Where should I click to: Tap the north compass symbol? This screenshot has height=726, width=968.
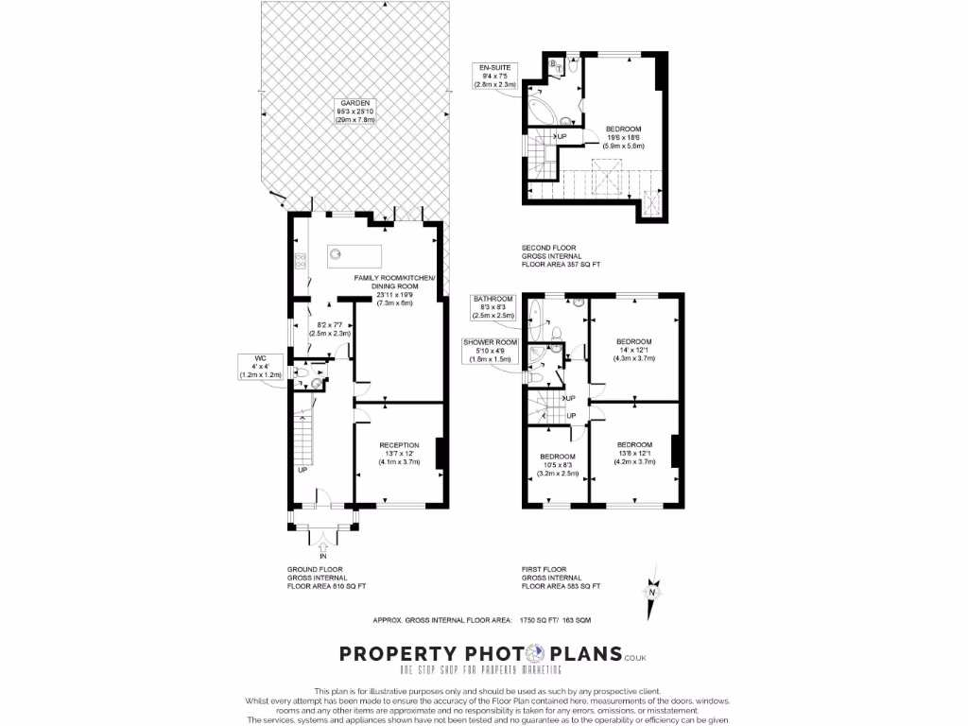651,587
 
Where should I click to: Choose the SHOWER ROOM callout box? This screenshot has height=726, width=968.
487,351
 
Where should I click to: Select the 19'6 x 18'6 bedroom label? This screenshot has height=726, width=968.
624,137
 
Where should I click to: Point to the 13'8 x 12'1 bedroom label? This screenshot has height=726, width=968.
634,453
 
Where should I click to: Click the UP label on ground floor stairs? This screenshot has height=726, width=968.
302,470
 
